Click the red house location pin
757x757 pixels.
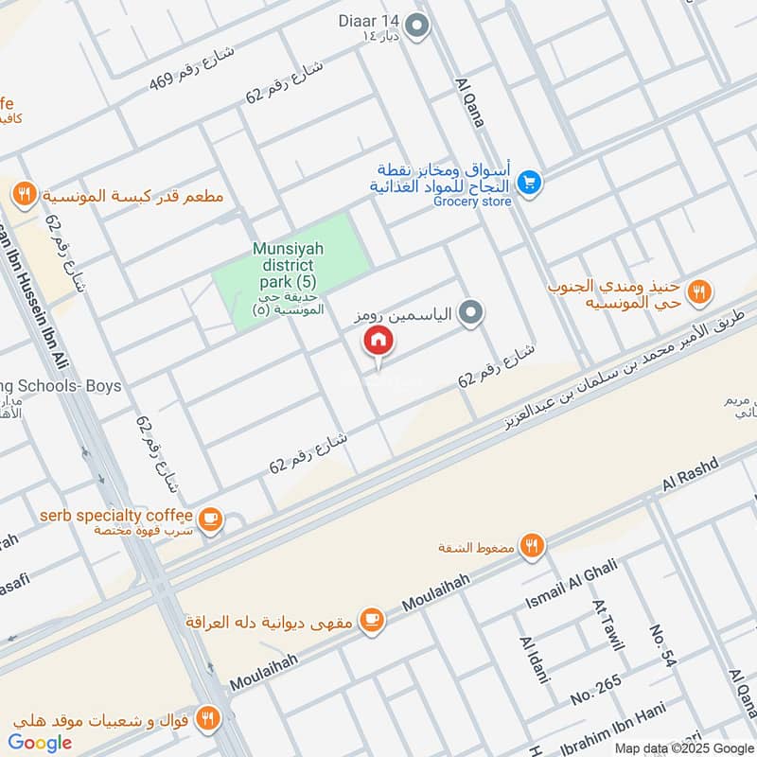pos(378,341)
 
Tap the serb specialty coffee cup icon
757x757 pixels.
pos(209,519)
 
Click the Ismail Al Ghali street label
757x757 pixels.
pos(571,585)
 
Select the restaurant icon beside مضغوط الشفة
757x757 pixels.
pos(533,546)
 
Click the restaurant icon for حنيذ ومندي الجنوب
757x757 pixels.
pos(699,291)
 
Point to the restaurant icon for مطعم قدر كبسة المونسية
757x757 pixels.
pos(24,196)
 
